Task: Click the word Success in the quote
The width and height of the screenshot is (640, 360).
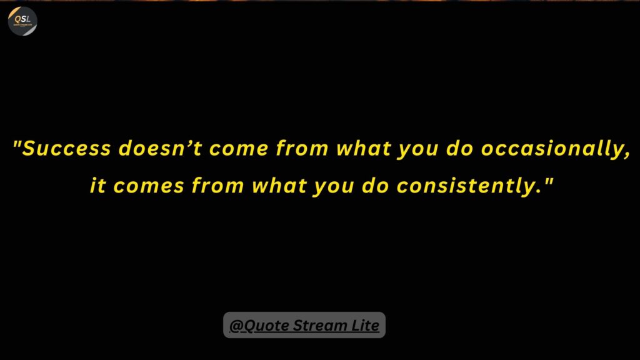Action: [x=66, y=147]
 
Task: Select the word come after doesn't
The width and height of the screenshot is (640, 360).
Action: [x=239, y=149]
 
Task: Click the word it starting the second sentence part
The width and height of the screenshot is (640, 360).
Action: [x=97, y=185]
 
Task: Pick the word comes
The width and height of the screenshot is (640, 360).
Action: [x=149, y=186]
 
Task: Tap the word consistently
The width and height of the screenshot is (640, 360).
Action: [x=465, y=186]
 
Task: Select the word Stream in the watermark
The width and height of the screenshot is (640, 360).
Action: [x=319, y=325]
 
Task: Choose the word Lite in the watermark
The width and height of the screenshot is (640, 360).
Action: [x=365, y=325]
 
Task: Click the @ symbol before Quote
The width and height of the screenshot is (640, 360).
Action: [x=236, y=326]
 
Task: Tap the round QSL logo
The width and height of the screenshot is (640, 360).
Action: [x=22, y=21]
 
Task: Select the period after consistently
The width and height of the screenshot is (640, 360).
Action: [x=539, y=192]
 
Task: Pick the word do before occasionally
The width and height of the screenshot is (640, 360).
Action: [x=460, y=147]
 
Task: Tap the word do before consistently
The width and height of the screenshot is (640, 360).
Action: [x=376, y=185]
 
